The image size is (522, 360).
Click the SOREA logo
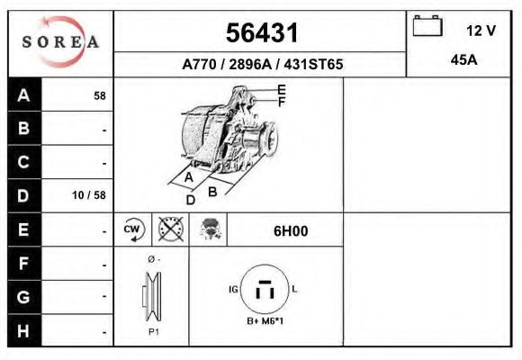tap(60, 42)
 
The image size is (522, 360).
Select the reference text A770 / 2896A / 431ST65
tap(262, 65)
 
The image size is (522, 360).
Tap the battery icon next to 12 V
tap(427, 26)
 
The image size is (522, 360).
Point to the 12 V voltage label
tap(481, 30)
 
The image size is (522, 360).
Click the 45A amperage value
tap(463, 61)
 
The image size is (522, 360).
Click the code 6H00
tap(290, 231)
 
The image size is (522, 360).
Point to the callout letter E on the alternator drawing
tap(282, 89)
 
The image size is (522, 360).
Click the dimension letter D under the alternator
tap(191, 200)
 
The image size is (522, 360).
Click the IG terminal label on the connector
tap(234, 289)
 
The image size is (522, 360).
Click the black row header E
tap(24, 229)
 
